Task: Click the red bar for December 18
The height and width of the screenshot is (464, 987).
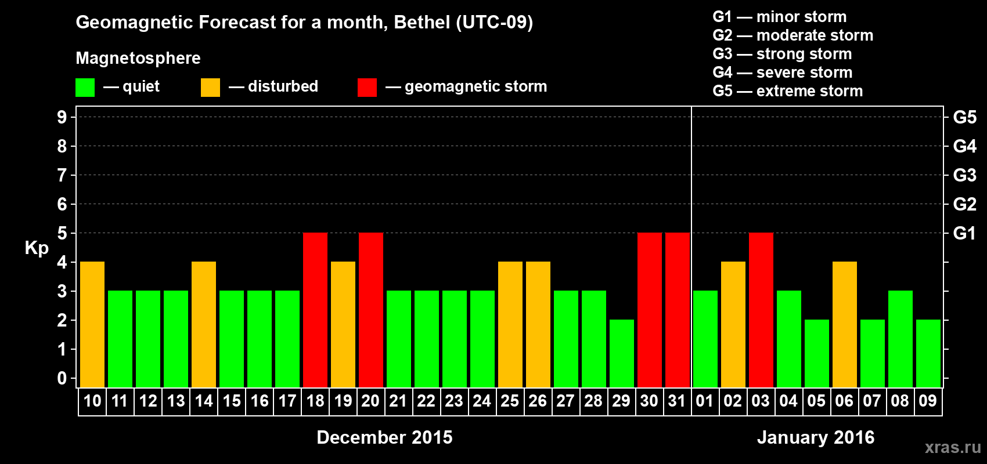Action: (315, 310)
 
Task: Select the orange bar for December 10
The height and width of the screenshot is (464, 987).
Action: (92, 324)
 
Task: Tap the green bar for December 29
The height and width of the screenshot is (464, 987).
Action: (622, 353)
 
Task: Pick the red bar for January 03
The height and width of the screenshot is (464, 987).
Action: (761, 310)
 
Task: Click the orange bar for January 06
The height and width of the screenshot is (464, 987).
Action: (845, 324)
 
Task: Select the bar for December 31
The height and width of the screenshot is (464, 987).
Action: (678, 310)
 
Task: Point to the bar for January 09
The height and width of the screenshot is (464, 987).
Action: (928, 353)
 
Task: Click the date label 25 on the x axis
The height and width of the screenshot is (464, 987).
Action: (510, 401)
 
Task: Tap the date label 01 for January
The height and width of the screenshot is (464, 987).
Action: (705, 401)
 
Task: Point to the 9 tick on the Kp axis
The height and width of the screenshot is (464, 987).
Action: (62, 117)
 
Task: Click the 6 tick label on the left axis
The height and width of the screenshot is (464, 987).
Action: (62, 204)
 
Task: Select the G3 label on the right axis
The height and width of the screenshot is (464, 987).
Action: (964, 175)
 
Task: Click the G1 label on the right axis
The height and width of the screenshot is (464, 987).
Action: (964, 233)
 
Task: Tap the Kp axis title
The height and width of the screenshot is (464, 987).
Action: (37, 248)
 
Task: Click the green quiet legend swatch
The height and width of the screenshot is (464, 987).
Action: (85, 88)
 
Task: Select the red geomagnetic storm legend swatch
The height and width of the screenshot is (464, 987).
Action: (367, 88)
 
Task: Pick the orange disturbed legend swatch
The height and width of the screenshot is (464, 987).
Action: (210, 88)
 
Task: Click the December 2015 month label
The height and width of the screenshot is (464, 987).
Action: (384, 437)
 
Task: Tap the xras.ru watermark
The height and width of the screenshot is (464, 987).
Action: (953, 447)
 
